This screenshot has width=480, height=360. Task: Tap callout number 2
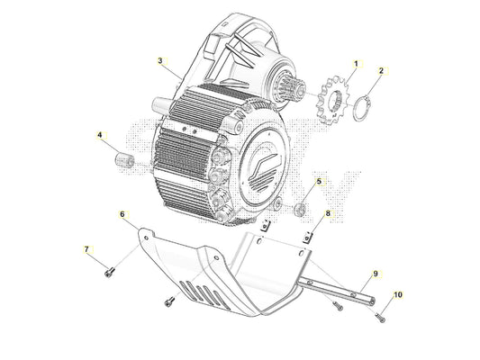(x=381, y=70)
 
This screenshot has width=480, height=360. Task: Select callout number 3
(x=160, y=61)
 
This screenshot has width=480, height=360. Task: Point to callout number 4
(x=101, y=136)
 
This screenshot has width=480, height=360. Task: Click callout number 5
(x=317, y=183)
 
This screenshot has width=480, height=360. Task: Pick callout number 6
(x=122, y=214)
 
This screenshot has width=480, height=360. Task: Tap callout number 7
(x=86, y=248)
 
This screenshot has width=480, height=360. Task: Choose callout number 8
(x=328, y=214)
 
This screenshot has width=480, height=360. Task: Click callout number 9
(x=376, y=272)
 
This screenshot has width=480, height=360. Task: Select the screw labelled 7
(x=110, y=268)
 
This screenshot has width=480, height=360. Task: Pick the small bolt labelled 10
(x=379, y=313)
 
